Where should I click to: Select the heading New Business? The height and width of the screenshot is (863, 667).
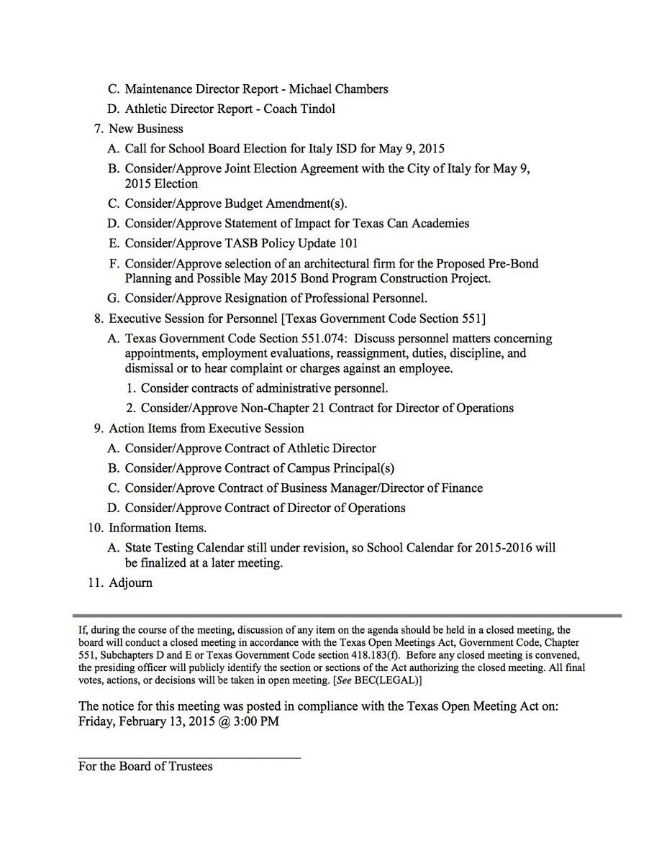[x=145, y=129]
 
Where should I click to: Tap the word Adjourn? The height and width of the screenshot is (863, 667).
[x=130, y=583]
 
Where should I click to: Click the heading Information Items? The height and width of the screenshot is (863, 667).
[x=158, y=528]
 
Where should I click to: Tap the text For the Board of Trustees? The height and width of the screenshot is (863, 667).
[x=145, y=767]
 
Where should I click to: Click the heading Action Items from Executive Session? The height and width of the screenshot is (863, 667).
[x=206, y=429]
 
